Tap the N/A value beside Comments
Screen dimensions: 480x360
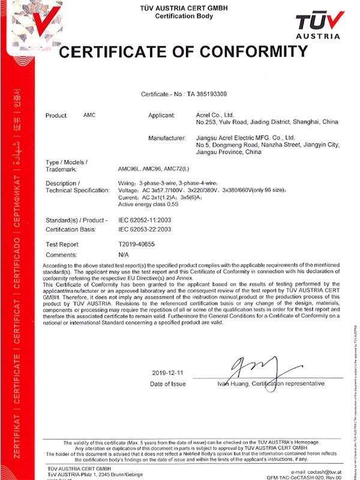coord(124,254)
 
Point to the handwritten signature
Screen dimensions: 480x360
coord(255,368)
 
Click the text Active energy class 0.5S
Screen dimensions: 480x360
coord(153,203)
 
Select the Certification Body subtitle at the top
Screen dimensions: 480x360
coord(179,16)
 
